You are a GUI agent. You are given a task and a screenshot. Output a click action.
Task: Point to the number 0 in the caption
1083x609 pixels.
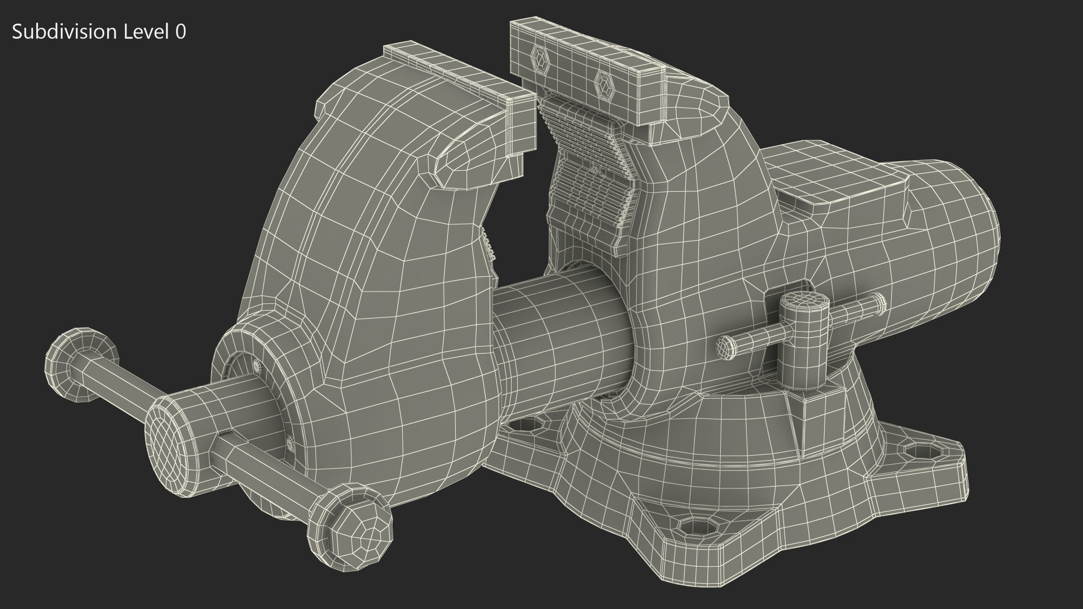[180, 32]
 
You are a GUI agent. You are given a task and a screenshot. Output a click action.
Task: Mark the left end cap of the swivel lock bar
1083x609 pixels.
[724, 346]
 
